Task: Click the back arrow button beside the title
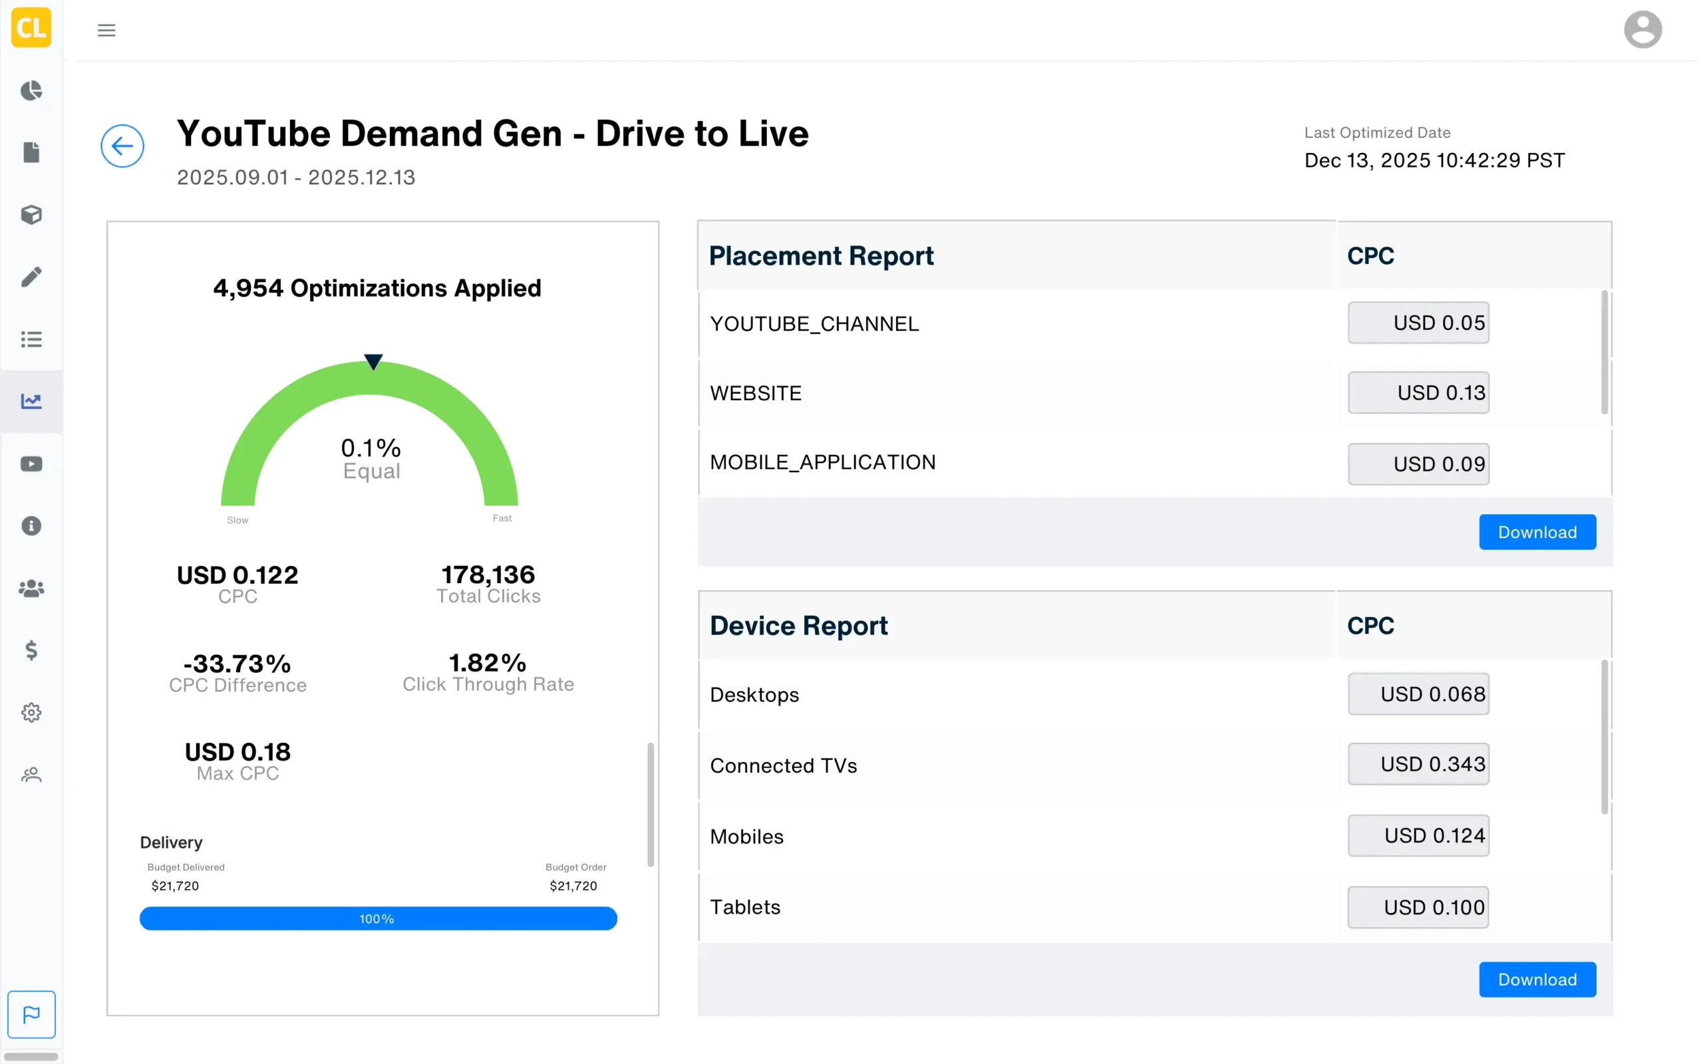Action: (x=122, y=146)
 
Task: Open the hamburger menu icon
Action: (x=106, y=31)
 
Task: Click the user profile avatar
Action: (x=1642, y=29)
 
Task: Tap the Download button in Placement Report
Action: (x=1536, y=532)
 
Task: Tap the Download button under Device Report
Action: (x=1536, y=979)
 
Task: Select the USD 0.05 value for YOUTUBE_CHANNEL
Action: (x=1418, y=323)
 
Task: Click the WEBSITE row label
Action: (x=755, y=394)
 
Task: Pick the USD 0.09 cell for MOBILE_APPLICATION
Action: (x=1418, y=464)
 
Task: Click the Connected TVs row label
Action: (x=783, y=765)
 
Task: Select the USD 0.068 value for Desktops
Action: (x=1418, y=694)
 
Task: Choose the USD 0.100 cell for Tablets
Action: (x=1418, y=907)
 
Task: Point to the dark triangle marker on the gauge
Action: (x=373, y=362)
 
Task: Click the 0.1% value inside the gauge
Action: (x=370, y=448)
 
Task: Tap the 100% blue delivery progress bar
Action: (x=378, y=918)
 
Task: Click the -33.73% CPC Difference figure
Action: (x=237, y=664)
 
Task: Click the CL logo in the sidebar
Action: (x=31, y=27)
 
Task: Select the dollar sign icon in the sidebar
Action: (x=31, y=650)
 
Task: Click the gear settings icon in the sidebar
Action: (x=31, y=712)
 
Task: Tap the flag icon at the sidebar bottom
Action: (x=31, y=1014)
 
